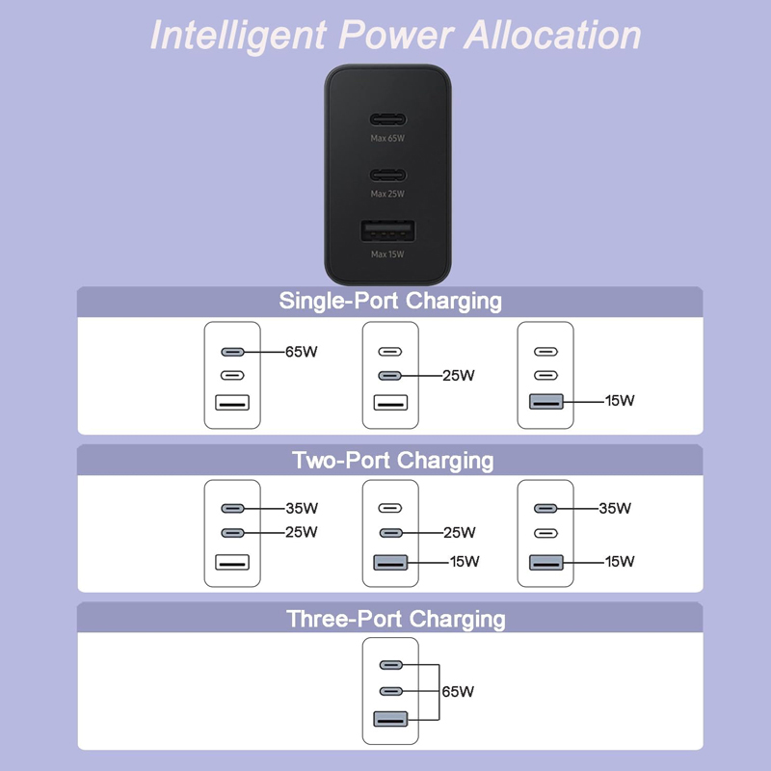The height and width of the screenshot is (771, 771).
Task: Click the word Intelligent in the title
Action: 238,36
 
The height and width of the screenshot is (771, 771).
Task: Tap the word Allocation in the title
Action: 552,35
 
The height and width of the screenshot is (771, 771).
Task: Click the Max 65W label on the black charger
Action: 387,138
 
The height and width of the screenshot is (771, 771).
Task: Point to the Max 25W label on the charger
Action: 387,194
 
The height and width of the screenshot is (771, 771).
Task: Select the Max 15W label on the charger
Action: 387,254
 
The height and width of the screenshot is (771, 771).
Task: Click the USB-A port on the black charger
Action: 388,230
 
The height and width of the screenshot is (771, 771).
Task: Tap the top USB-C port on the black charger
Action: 388,120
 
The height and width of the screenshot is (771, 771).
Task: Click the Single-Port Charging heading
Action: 390,301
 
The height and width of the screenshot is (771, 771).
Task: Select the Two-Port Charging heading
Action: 393,461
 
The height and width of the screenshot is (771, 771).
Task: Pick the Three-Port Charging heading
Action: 396,619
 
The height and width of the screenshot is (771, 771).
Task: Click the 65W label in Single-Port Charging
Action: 302,352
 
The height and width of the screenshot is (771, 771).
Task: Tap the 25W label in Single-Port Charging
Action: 459,376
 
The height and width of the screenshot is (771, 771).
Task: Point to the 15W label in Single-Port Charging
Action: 620,400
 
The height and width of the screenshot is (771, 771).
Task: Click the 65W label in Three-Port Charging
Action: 458,691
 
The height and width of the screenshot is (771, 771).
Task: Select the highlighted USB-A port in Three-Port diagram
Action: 390,719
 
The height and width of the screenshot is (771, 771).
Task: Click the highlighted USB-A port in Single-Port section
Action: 545,401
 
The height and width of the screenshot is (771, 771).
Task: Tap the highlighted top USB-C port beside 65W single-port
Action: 232,352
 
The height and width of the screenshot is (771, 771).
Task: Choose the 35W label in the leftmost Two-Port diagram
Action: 302,508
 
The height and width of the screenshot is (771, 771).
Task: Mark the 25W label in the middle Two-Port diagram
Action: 460,532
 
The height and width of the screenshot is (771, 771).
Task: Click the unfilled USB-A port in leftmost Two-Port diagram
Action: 232,562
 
